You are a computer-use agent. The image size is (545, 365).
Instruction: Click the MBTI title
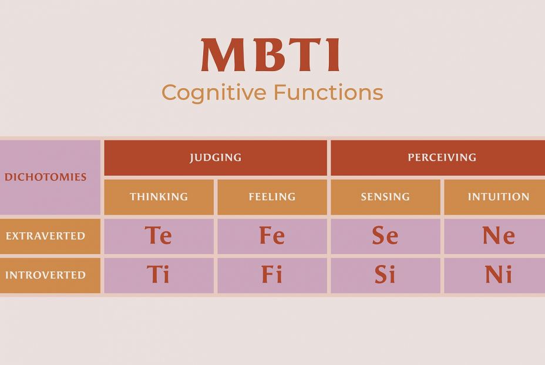270,55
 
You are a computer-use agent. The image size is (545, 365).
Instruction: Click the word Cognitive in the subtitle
214,93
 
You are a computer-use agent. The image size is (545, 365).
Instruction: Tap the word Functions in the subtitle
328,92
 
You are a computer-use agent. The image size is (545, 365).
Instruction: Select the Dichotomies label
46,177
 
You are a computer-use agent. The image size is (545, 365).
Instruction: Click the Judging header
216,158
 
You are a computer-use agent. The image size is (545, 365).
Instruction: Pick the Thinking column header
159,197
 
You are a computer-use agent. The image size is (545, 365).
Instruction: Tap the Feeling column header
272,197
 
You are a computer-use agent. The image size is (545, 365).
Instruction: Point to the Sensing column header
385,197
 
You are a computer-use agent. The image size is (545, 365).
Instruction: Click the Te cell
159,236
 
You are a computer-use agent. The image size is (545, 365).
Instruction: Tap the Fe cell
272,236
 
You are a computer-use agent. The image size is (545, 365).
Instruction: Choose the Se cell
385,236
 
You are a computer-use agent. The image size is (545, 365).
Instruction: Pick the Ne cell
494,236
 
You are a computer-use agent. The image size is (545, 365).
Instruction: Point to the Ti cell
159,275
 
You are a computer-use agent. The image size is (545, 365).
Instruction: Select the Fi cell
272,275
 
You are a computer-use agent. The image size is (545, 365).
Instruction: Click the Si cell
385,275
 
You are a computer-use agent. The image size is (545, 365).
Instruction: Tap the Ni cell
494,275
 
